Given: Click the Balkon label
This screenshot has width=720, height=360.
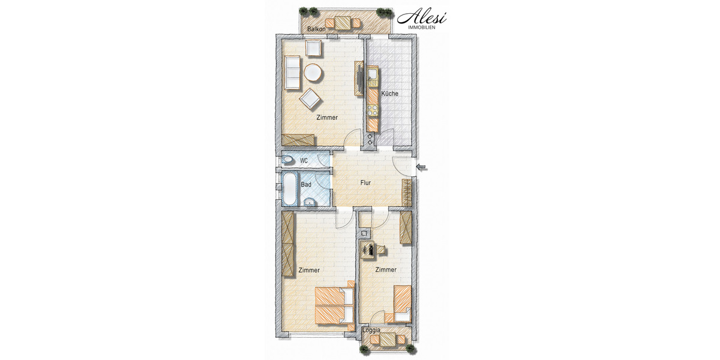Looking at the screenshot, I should pos(316,29).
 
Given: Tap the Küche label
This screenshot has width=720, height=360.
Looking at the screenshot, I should pos(389,94).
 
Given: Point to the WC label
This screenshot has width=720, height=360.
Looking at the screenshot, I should pos(304,160).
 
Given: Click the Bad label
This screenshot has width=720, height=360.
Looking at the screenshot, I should pos(306,185).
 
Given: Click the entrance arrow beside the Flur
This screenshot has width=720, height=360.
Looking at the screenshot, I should pos(422,167).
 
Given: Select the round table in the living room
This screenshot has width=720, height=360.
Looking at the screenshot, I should pos(313,73).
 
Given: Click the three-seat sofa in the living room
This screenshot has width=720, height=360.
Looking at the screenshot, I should pos(292,73).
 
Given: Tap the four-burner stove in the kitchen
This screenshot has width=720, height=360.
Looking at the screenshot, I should pos(372,110).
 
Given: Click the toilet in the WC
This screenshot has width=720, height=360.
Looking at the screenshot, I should pos(288,160).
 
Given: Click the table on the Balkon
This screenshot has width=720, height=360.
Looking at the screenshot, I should pos(343,23).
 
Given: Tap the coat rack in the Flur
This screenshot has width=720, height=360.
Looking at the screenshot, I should pos(407,191).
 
